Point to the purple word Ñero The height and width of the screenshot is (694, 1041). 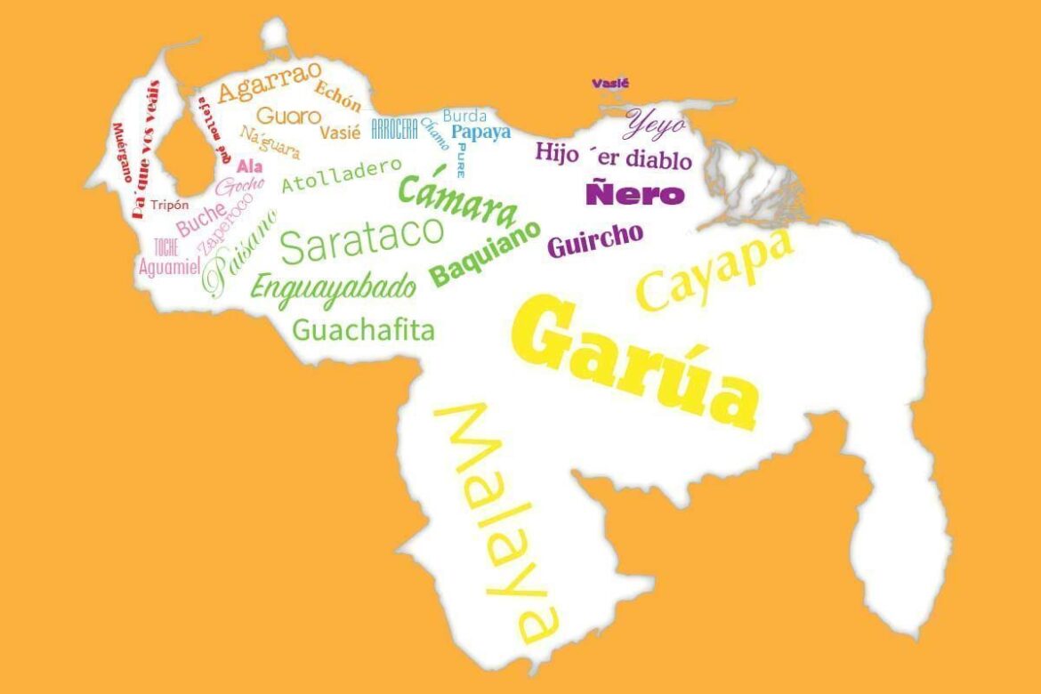coord(635,194)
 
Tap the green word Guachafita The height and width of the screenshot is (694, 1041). coord(364,331)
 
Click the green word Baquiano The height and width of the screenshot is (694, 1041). coord(486,254)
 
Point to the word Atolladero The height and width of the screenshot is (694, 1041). coord(342,175)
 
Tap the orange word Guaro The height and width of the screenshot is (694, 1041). coord(288,116)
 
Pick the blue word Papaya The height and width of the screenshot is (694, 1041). coord(481,133)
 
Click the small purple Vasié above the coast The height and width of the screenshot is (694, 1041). coord(610,84)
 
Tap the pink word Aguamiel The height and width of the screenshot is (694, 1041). coord(169,266)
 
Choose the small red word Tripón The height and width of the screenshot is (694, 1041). coord(169,205)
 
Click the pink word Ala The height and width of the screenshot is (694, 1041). coord(249,166)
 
